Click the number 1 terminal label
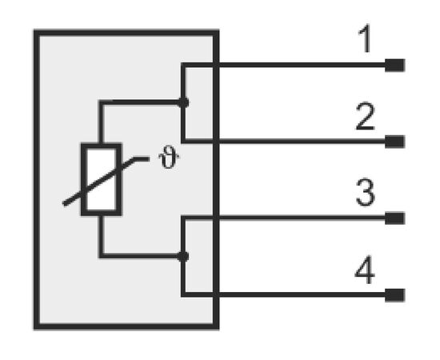[365, 38]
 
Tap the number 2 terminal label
[365, 117]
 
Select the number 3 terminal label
[365, 192]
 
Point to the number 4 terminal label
[365, 270]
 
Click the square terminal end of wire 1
[394, 65]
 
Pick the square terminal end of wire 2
[394, 142]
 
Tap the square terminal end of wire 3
[394, 218]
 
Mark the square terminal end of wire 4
[394, 295]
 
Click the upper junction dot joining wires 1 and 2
[183, 102]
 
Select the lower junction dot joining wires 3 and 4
[183, 256]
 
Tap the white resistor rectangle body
[102, 179]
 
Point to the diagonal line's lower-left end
[64, 204]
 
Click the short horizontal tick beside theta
[142, 159]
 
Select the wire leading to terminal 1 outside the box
[302, 65]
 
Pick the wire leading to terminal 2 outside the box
[302, 142]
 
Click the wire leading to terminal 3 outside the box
[302, 218]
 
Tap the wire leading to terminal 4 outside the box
[302, 294]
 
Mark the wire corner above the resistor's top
[102, 102]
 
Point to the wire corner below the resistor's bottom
[102, 256]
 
